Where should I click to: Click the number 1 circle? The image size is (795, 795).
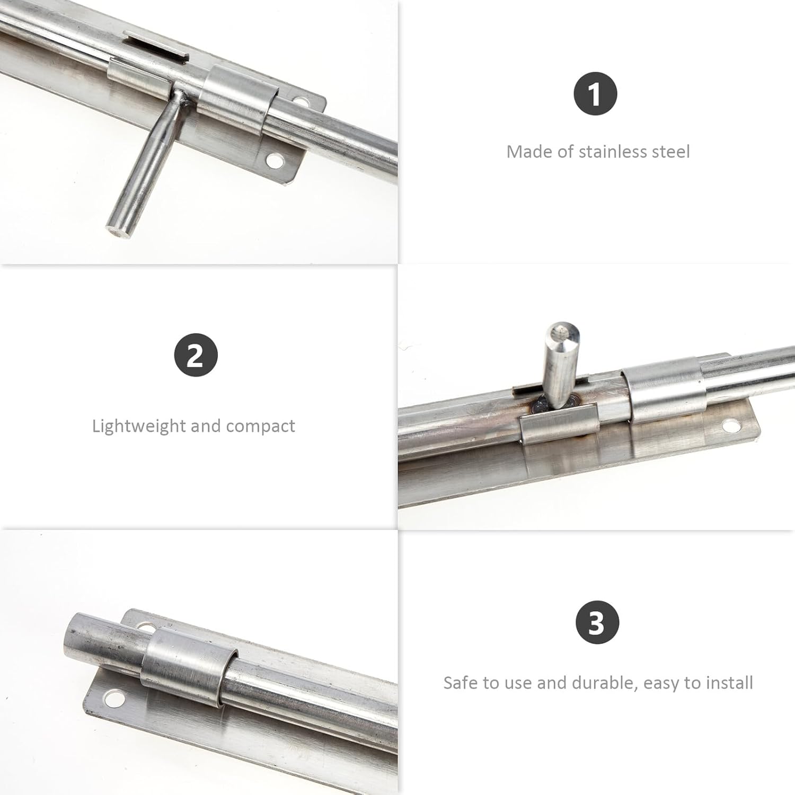pyautogui.click(x=595, y=94)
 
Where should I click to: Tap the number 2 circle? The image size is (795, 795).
pyautogui.click(x=196, y=355)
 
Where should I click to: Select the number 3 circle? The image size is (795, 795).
pyautogui.click(x=597, y=623)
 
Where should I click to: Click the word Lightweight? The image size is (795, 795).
pyautogui.click(x=139, y=426)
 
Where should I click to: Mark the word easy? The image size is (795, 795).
pyautogui.click(x=660, y=683)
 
